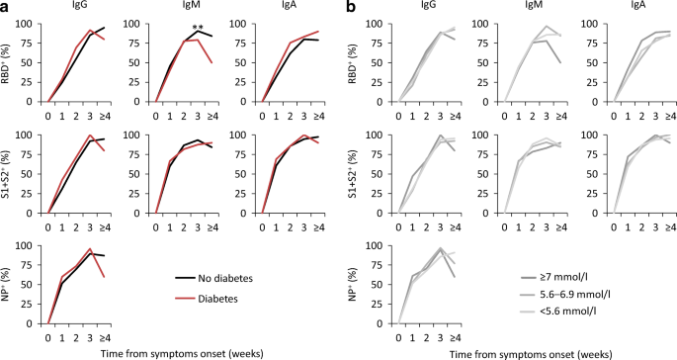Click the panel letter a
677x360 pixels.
coord(6,7)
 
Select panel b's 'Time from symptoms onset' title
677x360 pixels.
coord(525,351)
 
